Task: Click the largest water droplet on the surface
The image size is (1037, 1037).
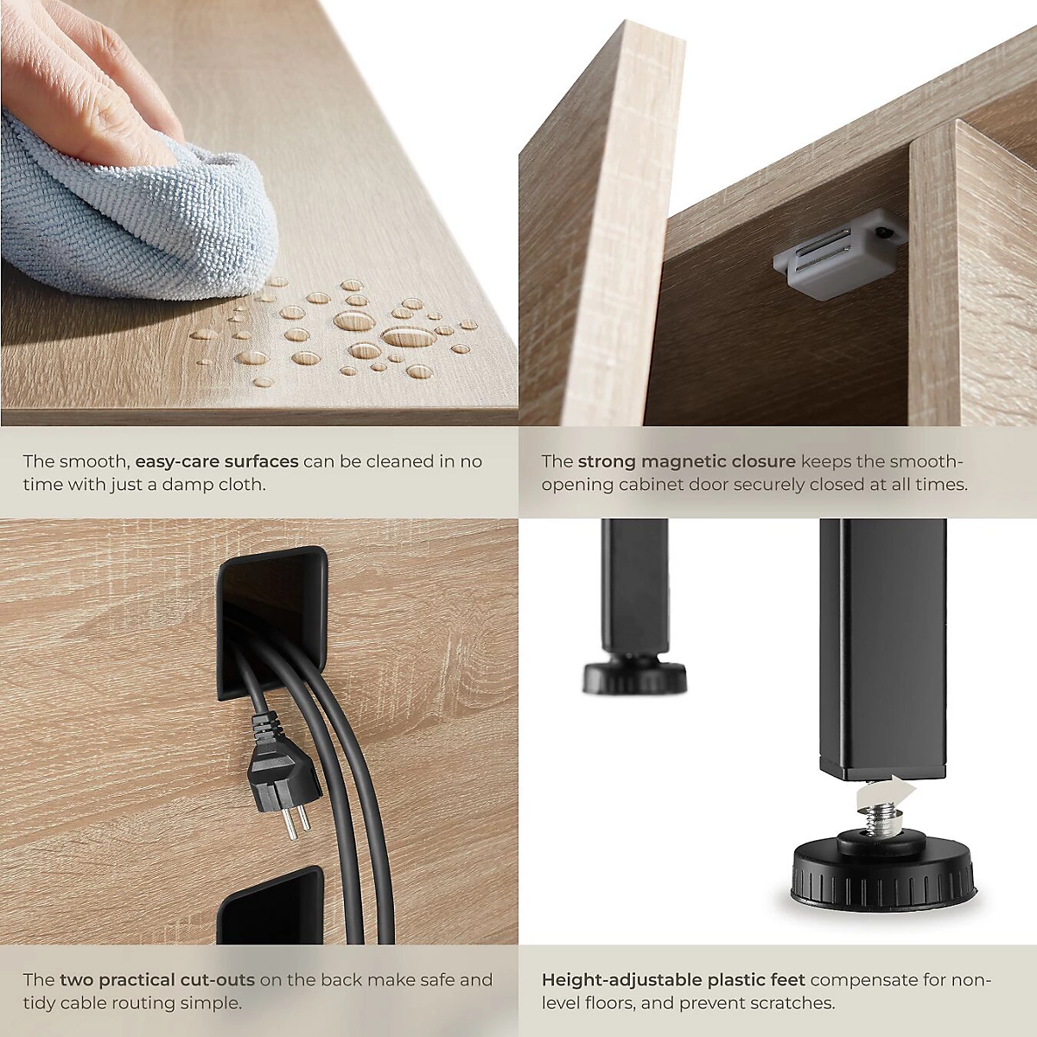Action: click(x=409, y=337)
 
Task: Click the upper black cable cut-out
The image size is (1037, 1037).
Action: click(x=271, y=624)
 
